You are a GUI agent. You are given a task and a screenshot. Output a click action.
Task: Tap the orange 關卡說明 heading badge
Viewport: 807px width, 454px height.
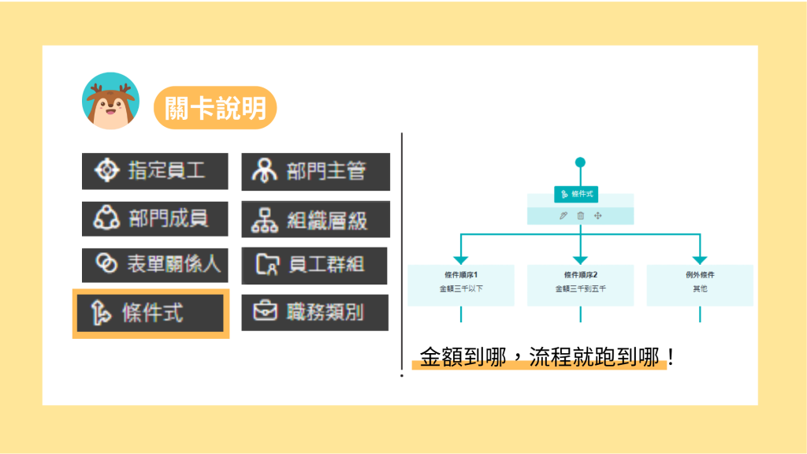(214, 108)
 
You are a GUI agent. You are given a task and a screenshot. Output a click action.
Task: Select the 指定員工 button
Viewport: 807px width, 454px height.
(154, 171)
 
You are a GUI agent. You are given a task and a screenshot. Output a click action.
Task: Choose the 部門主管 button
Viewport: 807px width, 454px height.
(315, 171)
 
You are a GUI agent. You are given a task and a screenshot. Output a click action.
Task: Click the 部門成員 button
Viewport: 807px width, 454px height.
(154, 218)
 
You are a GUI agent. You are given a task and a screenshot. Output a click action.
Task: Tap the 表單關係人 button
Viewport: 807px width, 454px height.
(154, 265)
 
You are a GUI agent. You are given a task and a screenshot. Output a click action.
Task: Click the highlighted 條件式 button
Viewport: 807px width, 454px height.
(150, 313)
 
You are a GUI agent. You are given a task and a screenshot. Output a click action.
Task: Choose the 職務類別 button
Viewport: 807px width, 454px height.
(314, 312)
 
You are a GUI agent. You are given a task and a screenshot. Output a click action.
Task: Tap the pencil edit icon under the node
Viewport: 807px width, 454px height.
(563, 216)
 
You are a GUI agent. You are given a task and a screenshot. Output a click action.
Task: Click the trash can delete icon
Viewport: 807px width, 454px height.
(581, 216)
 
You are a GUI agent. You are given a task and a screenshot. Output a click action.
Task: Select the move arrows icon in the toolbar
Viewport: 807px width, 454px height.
(598, 216)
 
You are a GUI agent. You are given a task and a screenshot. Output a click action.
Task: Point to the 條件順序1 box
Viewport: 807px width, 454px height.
(461, 285)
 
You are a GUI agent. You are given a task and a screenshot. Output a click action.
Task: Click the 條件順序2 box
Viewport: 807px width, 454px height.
(580, 285)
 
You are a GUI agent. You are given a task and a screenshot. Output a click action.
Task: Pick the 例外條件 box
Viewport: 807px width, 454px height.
(700, 285)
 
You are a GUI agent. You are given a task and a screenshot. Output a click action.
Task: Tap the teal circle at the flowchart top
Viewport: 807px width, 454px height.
(581, 162)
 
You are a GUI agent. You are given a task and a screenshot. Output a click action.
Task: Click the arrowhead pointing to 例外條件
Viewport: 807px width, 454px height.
(700, 259)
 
